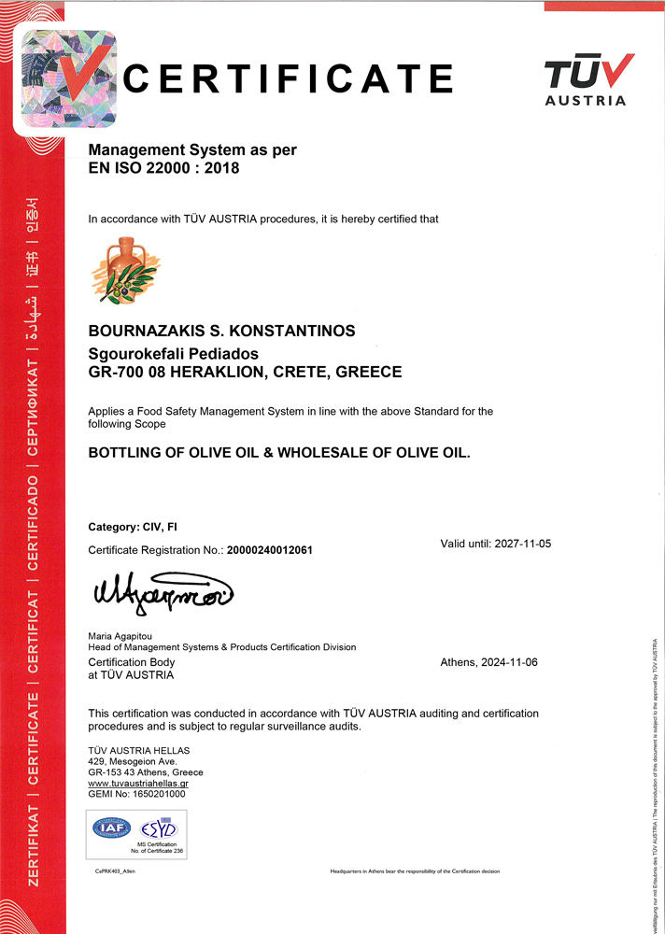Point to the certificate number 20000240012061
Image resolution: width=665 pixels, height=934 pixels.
(270, 551)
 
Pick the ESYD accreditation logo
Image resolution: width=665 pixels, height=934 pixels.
(158, 828)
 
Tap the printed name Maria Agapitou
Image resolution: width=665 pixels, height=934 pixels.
(120, 636)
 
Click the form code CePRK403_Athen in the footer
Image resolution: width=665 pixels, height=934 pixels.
(115, 871)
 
